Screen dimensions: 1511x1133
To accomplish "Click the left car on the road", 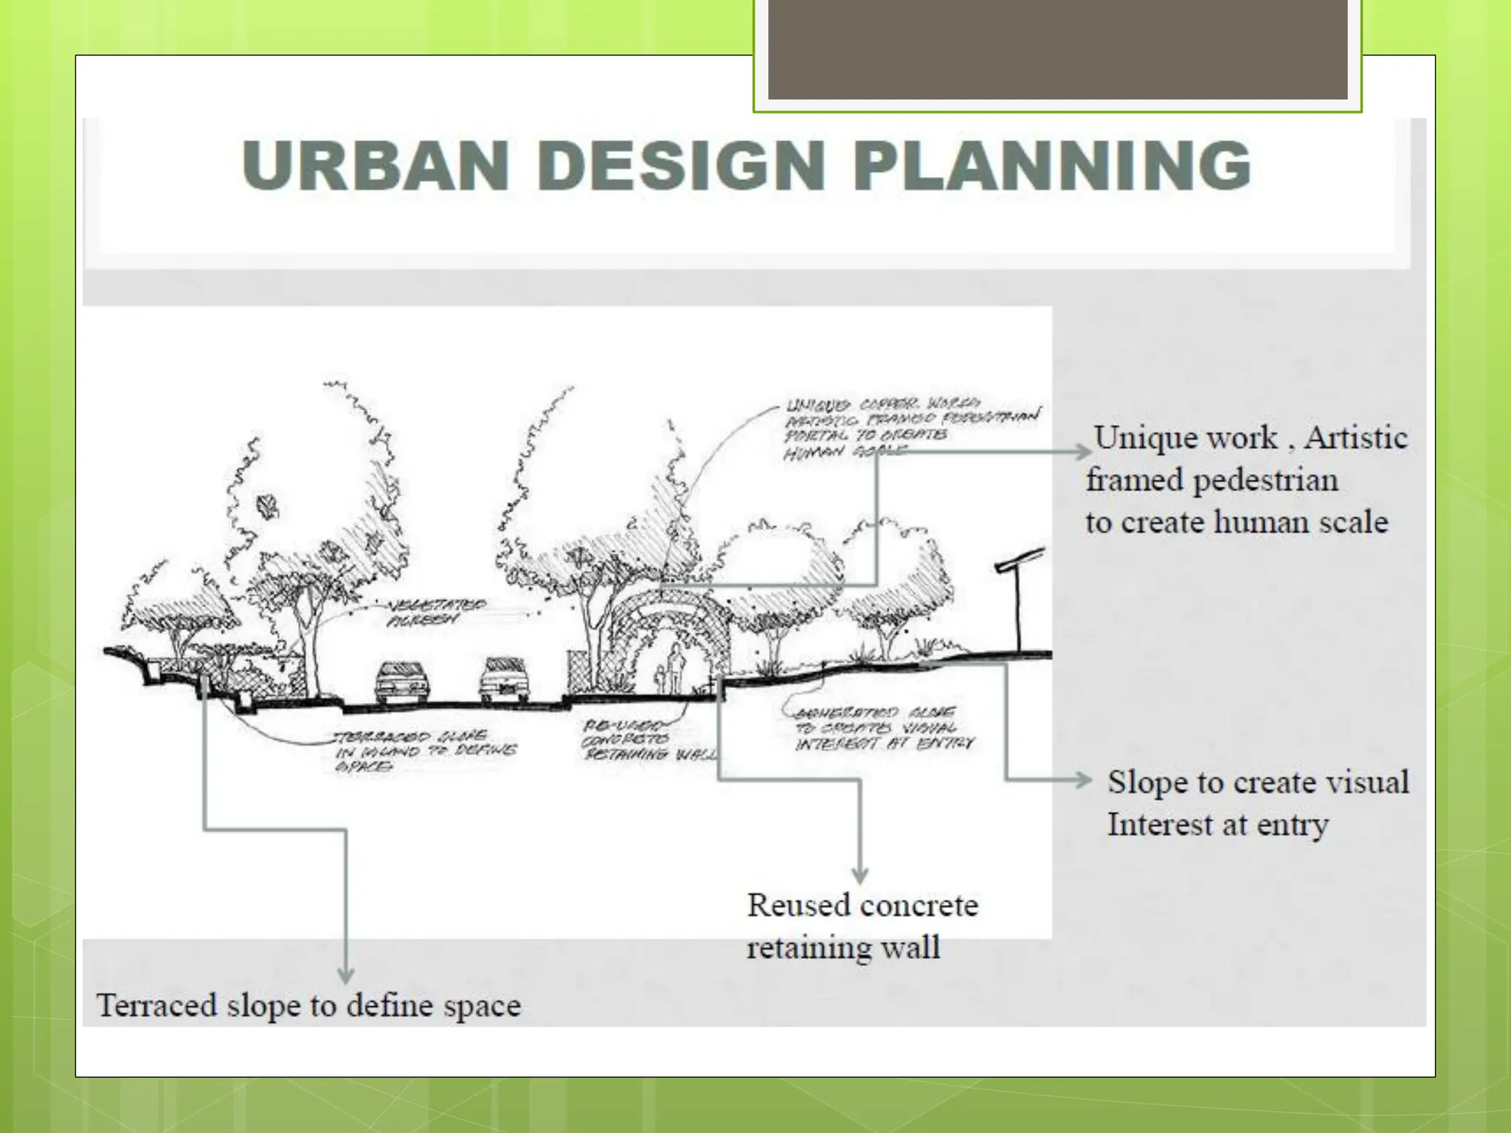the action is (402, 682).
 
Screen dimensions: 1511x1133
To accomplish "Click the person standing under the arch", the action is (675, 668).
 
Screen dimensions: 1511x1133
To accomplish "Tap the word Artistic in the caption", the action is (1356, 438).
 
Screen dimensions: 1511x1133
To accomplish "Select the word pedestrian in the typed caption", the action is (1265, 481).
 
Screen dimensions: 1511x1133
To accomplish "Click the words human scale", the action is (1301, 523).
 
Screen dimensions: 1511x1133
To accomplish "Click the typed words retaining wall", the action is (843, 948).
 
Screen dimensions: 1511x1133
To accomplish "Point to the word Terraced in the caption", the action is (156, 1006).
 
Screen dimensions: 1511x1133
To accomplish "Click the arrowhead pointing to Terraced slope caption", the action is (346, 975).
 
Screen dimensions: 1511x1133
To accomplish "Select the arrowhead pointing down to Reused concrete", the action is (860, 876).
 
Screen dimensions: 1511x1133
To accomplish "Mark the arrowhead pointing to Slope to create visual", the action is (1083, 780).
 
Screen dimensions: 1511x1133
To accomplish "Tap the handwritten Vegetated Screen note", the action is (436, 612).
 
